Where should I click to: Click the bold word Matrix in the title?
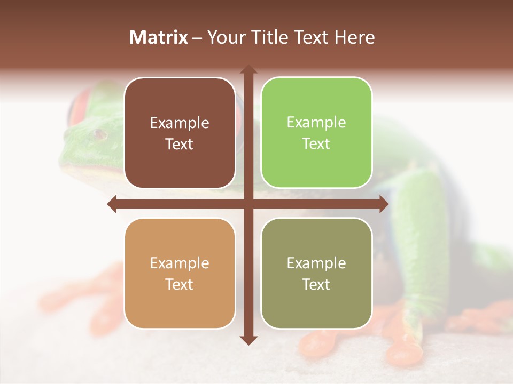(x=159, y=37)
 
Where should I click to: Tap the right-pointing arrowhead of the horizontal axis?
(x=384, y=204)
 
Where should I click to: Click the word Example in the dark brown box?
(x=180, y=123)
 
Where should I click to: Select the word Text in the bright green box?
(x=316, y=144)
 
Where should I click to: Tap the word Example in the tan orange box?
(x=180, y=263)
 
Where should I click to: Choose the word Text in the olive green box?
(x=316, y=284)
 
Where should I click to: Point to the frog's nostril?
(x=98, y=134)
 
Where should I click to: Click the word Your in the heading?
(x=224, y=37)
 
